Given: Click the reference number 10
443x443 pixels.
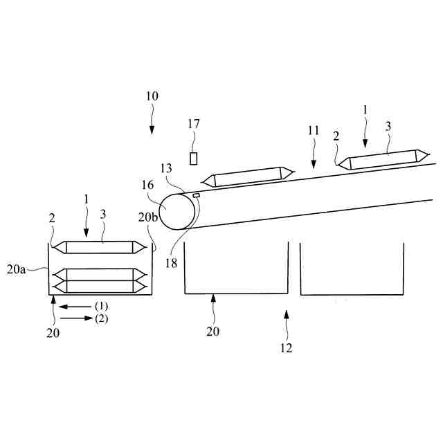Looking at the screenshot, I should (x=152, y=96).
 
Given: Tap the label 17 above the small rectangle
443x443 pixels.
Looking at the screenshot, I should (x=194, y=125).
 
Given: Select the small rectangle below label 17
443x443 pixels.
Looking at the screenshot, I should (x=194, y=159).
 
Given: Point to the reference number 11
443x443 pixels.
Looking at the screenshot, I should (x=314, y=129).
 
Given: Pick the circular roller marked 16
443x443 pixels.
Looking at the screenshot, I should (x=177, y=210).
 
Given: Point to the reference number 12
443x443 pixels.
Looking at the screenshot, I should (x=287, y=348).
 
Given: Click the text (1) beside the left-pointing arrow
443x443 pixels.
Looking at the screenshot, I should (x=102, y=305).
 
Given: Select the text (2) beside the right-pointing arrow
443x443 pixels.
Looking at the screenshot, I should (x=102, y=318).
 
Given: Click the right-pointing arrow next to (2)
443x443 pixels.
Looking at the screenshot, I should (x=76, y=318).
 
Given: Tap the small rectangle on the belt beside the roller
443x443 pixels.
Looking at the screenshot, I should (x=196, y=196).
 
